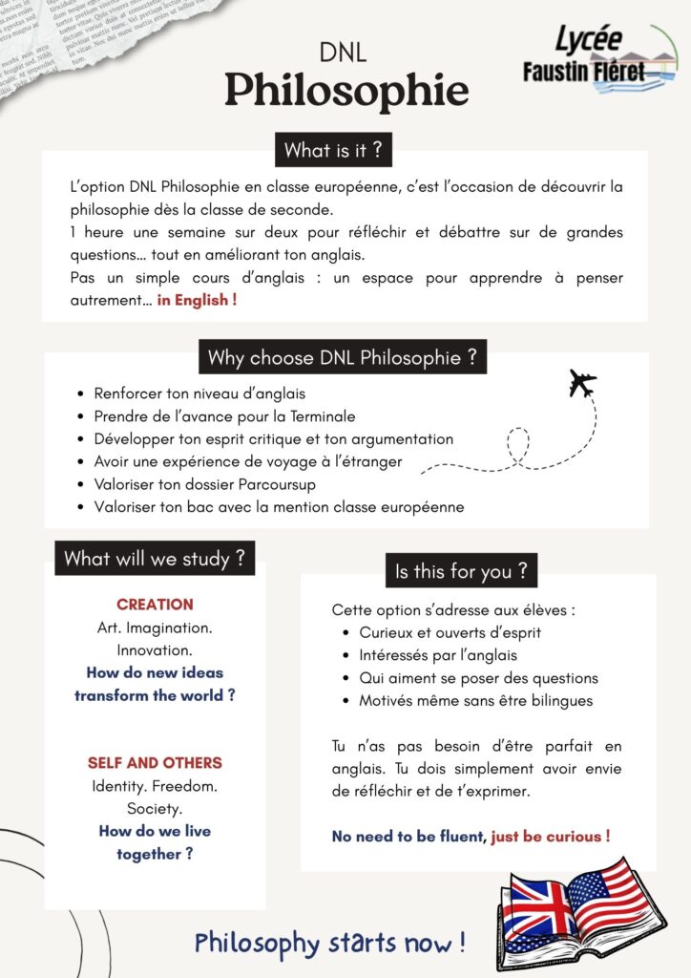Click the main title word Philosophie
(x=345, y=91)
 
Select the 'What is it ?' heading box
(x=332, y=150)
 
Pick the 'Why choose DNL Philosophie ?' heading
(x=342, y=358)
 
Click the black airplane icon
(x=582, y=383)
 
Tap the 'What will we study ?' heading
(x=154, y=558)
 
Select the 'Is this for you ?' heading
(x=461, y=571)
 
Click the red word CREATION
(x=155, y=605)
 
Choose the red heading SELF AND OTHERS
(x=155, y=763)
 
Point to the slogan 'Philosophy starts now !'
(x=330, y=944)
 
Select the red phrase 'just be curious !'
(x=551, y=837)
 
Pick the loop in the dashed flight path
(x=518, y=444)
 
